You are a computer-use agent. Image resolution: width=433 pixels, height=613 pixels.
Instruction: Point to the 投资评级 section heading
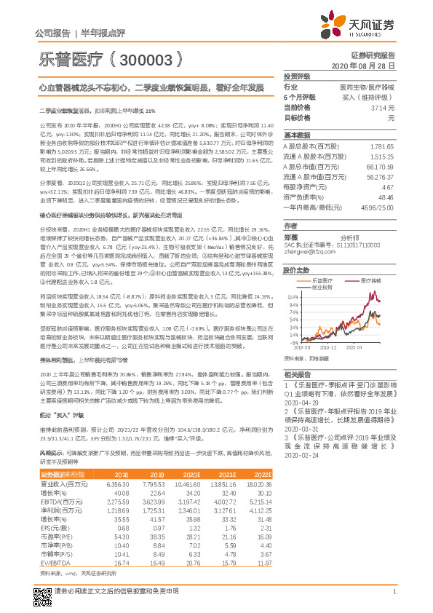(297, 76)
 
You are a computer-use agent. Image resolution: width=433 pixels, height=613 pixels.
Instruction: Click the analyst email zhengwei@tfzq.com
(306, 252)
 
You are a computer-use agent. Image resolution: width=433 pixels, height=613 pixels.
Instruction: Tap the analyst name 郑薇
(292, 237)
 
